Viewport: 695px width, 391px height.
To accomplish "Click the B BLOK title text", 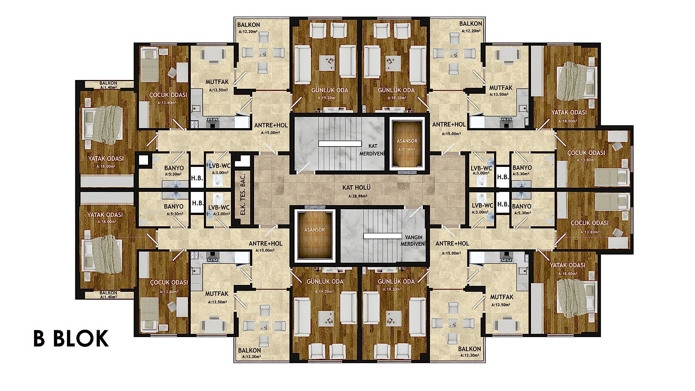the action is (71, 339).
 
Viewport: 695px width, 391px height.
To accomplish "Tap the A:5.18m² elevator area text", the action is (407, 149).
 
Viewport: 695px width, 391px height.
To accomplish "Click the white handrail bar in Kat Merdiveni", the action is (340, 143).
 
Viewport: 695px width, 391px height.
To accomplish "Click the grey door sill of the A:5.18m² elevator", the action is (407, 173).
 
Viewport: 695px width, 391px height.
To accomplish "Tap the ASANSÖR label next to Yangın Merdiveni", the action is (314, 230).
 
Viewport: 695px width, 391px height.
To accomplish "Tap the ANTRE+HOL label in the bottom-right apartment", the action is (452, 244).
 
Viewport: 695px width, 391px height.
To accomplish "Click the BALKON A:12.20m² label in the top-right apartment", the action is (471, 27).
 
